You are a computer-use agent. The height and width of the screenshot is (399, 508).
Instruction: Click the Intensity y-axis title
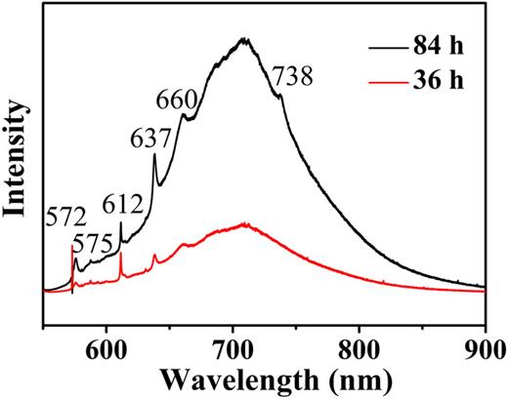(x=17, y=168)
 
